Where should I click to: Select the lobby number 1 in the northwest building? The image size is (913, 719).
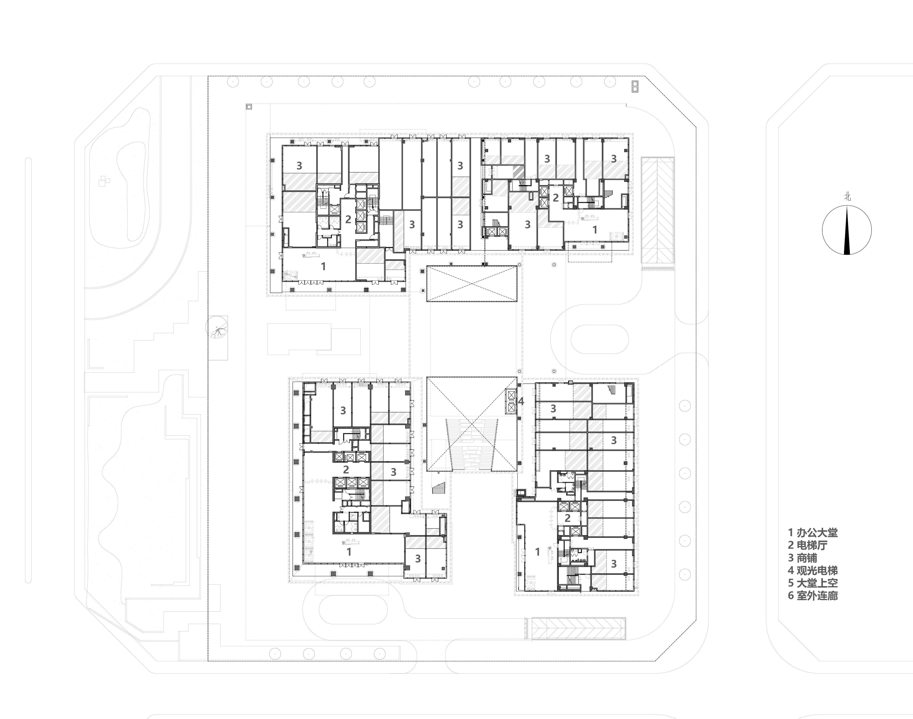[x=323, y=266]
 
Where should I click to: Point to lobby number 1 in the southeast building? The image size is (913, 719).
[x=537, y=552]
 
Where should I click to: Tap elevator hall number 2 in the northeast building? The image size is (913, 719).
[x=556, y=197]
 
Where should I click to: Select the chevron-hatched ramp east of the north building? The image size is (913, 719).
[x=657, y=210]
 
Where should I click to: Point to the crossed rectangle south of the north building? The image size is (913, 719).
[x=472, y=283]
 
